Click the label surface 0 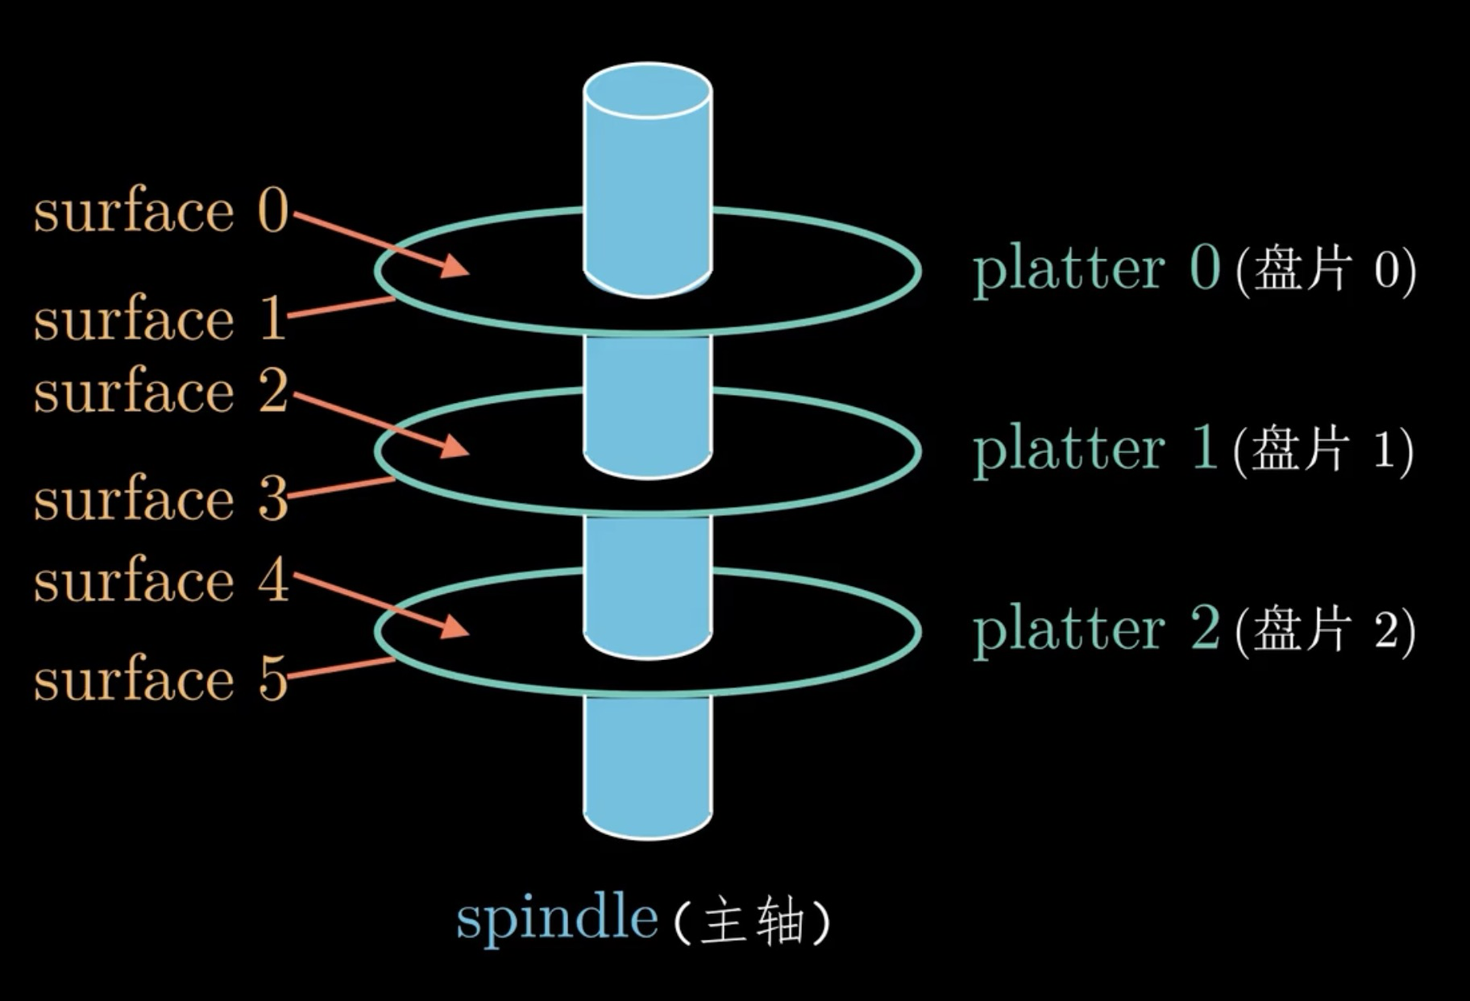160,211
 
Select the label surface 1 159,318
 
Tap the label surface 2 160,391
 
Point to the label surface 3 160,499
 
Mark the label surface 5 160,679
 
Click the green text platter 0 1096,270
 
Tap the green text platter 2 1096,630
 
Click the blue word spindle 557,919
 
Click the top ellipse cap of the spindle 647,90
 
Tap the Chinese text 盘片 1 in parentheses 1323,449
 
